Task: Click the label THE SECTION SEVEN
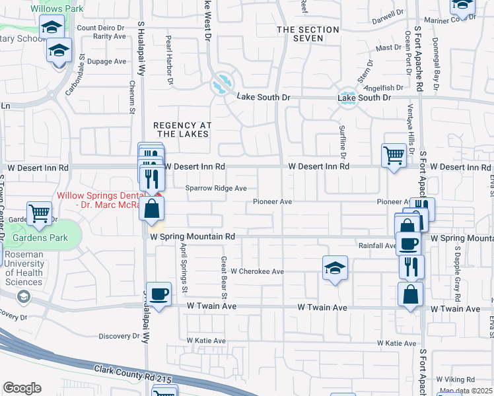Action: tap(308, 34)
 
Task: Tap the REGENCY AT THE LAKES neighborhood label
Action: tap(182, 129)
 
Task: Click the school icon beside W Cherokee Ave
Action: tap(335, 268)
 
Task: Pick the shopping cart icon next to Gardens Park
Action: tap(40, 213)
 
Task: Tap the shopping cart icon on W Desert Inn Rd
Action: tap(394, 156)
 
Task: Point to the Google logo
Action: tap(22, 388)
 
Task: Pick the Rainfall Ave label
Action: tap(378, 246)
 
